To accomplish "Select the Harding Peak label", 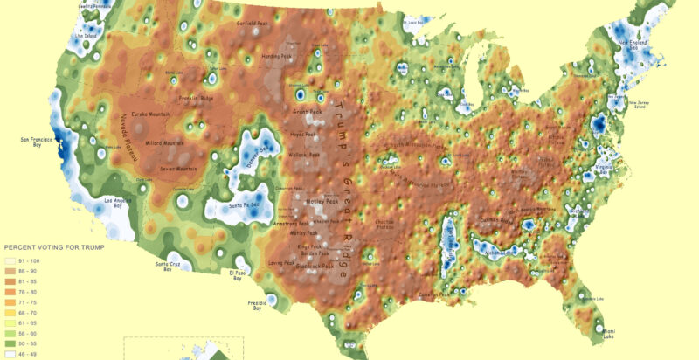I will [x=280, y=57].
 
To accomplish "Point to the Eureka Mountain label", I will [x=149, y=114].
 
